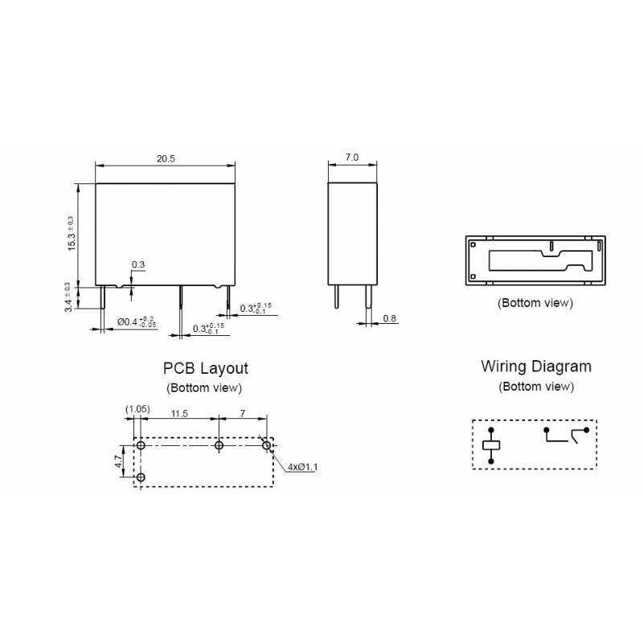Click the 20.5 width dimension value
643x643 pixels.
point(166,158)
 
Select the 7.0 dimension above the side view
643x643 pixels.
point(352,157)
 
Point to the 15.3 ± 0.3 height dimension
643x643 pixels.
point(72,234)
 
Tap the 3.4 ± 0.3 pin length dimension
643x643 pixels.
point(68,297)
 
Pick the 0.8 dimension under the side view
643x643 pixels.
point(390,318)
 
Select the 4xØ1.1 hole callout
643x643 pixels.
point(303,467)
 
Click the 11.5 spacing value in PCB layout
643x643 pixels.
point(179,413)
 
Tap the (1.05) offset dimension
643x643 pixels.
point(137,409)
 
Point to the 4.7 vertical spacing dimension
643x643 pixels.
point(118,461)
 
